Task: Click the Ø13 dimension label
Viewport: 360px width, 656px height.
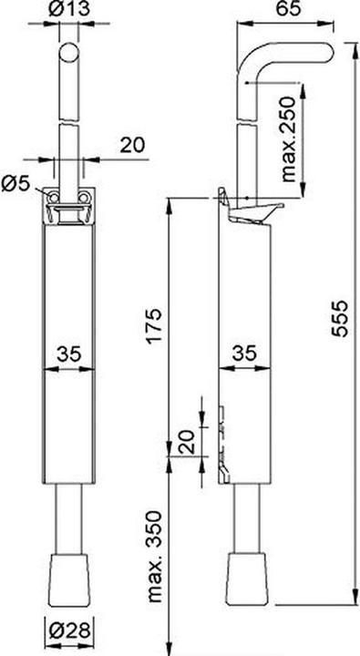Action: (x=70, y=11)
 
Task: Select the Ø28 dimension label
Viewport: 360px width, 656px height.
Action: (x=69, y=628)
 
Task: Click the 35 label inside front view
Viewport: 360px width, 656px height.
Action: (x=69, y=353)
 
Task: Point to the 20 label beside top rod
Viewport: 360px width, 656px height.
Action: (x=131, y=143)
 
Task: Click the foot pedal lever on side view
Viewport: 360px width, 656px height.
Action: (x=255, y=213)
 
